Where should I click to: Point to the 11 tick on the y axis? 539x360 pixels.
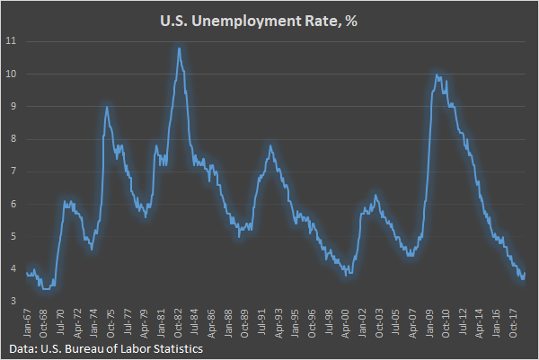tap(11, 41)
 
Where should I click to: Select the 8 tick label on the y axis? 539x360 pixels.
tap(11, 139)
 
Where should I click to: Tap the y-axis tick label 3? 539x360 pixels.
tap(11, 302)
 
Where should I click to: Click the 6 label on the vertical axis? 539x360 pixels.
tap(11, 204)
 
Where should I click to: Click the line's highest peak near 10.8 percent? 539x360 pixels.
tap(180, 48)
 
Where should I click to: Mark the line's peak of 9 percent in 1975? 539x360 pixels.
tap(107, 107)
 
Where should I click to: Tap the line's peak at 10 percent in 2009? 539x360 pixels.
tap(436, 75)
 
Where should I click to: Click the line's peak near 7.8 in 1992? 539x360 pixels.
tap(270, 145)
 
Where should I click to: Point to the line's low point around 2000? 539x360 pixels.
tap(349, 274)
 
